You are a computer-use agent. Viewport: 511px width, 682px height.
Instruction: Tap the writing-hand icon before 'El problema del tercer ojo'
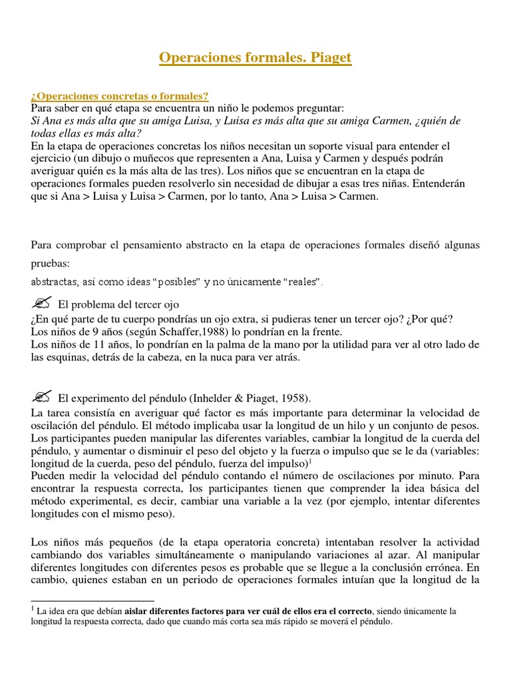pos(41,304)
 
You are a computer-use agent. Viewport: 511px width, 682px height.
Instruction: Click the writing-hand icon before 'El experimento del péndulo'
pos(41,398)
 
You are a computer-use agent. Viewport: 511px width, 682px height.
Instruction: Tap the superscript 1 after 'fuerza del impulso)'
pos(311,460)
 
